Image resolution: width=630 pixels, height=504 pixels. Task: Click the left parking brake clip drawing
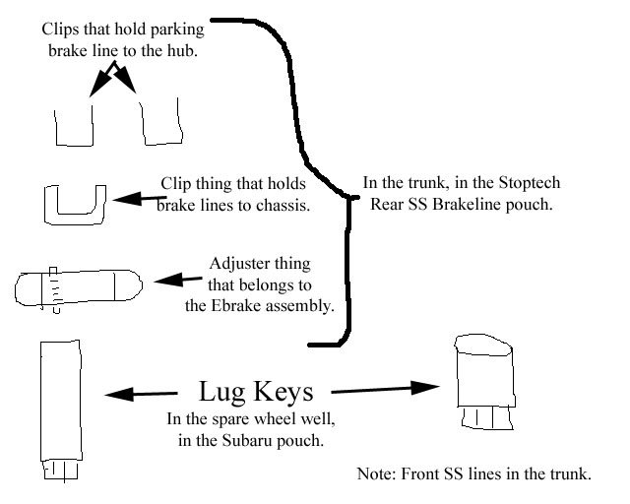[74, 126]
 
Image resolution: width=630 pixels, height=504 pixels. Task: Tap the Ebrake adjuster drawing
[79, 287]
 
